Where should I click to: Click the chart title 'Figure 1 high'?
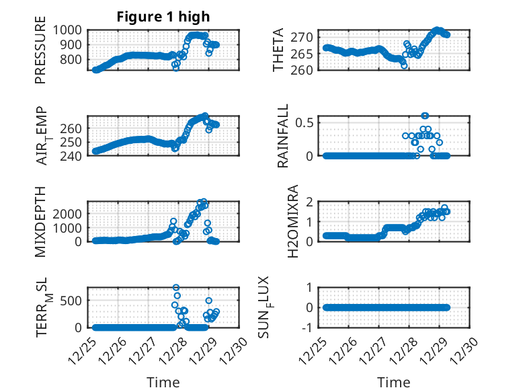[165, 17]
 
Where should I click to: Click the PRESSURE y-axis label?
[41, 54]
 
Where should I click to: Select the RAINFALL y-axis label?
[283, 136]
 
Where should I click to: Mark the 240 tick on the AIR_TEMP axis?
[75, 155]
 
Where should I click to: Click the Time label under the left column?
[163, 383]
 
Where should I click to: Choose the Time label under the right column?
[394, 383]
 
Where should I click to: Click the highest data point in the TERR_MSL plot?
[176, 287]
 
